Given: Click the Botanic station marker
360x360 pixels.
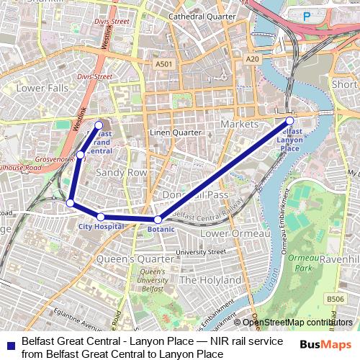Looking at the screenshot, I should click(x=158, y=219).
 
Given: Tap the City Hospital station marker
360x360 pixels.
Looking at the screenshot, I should click(x=101, y=217).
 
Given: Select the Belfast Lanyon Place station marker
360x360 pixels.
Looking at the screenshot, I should click(x=289, y=121).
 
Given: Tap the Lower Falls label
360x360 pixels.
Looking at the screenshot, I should click(x=42, y=88).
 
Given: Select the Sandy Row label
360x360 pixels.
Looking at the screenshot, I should click(x=121, y=173).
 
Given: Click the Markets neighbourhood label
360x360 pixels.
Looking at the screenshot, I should click(x=240, y=125).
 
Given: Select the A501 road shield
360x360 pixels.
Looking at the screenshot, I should click(x=163, y=64).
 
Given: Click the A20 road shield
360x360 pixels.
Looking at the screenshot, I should click(x=251, y=58).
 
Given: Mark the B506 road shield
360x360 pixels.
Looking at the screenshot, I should click(x=336, y=299).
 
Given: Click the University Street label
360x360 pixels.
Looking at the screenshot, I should click(x=201, y=252).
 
